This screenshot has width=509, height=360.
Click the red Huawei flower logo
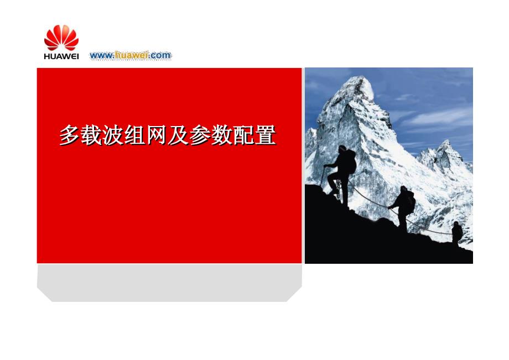(61, 38)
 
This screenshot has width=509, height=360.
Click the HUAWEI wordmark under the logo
(61, 56)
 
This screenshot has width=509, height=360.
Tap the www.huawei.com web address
(131, 55)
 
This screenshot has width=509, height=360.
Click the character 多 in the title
(70, 135)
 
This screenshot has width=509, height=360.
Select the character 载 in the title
(91, 135)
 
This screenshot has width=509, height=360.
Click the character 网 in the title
(157, 135)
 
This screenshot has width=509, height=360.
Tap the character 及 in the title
(179, 135)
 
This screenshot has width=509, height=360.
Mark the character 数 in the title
(222, 135)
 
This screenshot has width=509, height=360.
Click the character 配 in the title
(244, 135)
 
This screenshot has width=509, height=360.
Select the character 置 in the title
(266, 135)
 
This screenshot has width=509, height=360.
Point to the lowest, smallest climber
(457, 232)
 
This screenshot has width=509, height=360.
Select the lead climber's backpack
(351, 161)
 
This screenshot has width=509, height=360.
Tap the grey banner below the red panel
(169, 283)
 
